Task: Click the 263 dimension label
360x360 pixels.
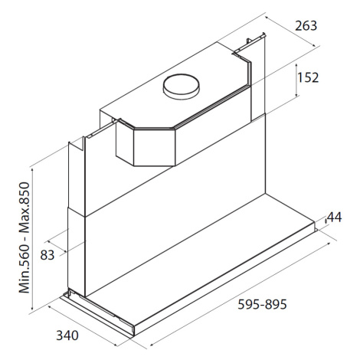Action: [x=306, y=26]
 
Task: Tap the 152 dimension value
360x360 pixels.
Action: [x=308, y=77]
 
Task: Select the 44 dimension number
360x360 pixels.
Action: [x=334, y=218]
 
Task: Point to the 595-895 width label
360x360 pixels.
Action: [x=262, y=304]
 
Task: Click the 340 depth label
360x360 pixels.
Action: [x=67, y=335]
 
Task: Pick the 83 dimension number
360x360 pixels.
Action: [x=47, y=255]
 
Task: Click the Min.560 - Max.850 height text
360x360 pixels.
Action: [x=25, y=237]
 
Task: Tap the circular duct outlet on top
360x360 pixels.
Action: [x=181, y=87]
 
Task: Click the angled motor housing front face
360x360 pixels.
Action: [x=154, y=147]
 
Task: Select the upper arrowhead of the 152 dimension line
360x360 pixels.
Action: [x=296, y=65]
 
